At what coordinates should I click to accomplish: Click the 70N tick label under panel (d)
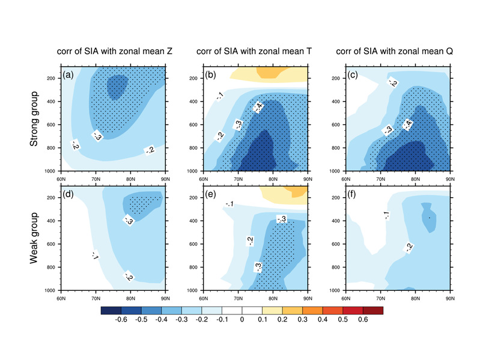(x=95, y=297)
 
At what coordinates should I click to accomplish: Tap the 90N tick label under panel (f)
(x=449, y=297)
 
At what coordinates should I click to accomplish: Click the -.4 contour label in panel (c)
(x=408, y=124)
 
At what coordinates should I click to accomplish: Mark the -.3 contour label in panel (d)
(x=129, y=220)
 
